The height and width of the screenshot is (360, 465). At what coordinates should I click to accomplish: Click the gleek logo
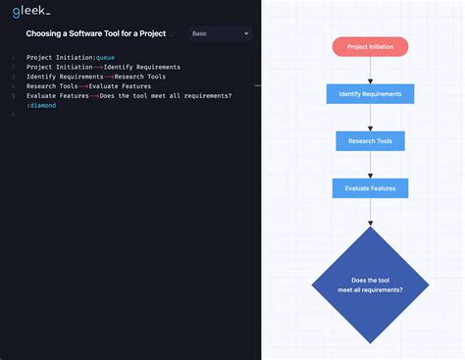point(31,11)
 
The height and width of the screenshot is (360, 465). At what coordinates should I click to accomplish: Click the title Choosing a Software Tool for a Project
point(95,33)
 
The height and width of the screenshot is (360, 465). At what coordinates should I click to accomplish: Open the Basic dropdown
point(221,33)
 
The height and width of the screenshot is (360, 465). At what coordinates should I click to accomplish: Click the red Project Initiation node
point(370,46)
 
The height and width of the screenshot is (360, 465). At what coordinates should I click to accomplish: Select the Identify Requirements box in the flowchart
point(370,94)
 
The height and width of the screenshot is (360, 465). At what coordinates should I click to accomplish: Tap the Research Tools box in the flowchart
point(370,141)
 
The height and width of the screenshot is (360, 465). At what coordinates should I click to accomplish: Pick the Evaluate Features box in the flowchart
point(370,188)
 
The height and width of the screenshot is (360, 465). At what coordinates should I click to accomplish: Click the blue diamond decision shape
point(370,284)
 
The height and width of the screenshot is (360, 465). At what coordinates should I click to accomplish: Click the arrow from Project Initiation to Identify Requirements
point(370,70)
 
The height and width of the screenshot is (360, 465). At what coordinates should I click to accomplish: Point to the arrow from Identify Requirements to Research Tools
point(370,118)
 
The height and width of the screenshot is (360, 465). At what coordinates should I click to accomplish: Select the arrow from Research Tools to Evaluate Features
point(370,165)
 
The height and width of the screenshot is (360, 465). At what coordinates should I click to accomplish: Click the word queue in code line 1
point(105,57)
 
